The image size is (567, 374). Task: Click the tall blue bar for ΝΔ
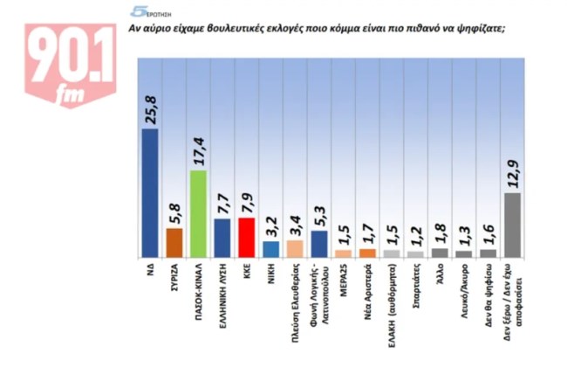[x=150, y=192]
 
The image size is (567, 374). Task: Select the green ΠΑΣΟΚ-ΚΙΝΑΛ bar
[x=198, y=213]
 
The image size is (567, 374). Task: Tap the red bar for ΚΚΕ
[x=247, y=237]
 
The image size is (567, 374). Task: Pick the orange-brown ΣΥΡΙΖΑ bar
[x=174, y=242]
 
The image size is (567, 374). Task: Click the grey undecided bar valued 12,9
[x=513, y=225]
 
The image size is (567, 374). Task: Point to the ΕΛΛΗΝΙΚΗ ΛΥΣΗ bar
[x=222, y=238]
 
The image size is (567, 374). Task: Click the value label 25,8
[x=151, y=112]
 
